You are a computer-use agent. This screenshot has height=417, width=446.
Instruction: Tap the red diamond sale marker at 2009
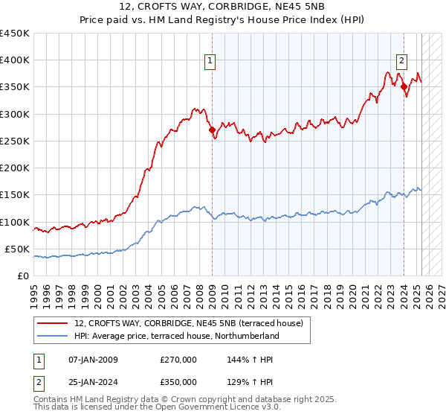pyautogui.click(x=212, y=130)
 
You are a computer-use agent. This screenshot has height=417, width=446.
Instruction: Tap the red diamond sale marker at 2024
pyautogui.click(x=404, y=87)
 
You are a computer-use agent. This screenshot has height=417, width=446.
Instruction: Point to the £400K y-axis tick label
pyautogui.click(x=15, y=60)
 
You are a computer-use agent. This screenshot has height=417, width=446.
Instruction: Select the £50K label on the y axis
pyautogui.click(x=18, y=249)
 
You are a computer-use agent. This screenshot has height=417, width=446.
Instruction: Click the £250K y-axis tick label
pyautogui.click(x=15, y=141)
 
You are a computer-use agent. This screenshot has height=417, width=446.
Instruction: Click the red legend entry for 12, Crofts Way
pyautogui.click(x=188, y=323)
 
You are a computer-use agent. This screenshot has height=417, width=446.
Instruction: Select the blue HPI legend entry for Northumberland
pyautogui.click(x=176, y=336)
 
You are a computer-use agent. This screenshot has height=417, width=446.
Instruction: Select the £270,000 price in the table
pyautogui.click(x=178, y=359)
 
